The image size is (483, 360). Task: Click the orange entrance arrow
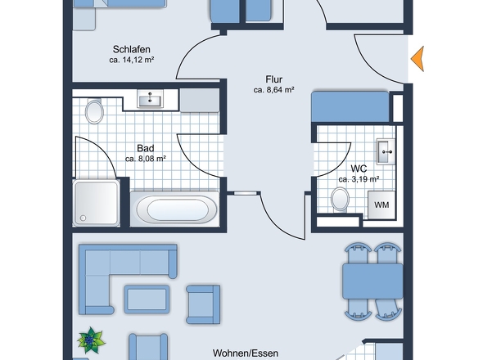point(418,59)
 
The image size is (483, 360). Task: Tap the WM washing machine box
point(381,205)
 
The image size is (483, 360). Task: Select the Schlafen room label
point(132,49)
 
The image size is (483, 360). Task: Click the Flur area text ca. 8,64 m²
point(274,90)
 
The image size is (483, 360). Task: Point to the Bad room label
point(146,148)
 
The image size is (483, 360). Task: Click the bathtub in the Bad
point(177,209)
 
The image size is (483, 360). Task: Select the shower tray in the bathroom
point(96,203)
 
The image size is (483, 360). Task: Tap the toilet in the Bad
point(94,111)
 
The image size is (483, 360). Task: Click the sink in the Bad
point(150,99)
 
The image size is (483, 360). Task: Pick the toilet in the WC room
point(340,200)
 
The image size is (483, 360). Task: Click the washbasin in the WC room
point(386,151)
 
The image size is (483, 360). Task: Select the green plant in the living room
point(91,340)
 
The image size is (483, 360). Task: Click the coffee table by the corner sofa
point(147,299)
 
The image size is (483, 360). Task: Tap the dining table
point(372,281)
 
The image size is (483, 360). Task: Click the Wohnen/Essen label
point(246,353)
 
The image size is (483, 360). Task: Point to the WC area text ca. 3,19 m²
point(359,179)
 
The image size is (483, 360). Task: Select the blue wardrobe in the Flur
point(350,106)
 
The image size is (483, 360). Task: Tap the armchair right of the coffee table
point(203,304)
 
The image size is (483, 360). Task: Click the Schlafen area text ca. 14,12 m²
point(132,60)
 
